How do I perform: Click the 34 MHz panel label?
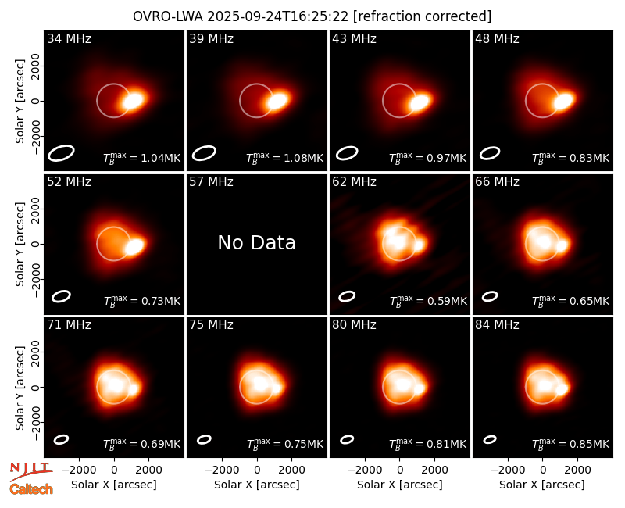click(69, 38)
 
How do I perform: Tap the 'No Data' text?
click(257, 242)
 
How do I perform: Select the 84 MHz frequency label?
click(497, 325)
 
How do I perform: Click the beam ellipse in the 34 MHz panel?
click(62, 153)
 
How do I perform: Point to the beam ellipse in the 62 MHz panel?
click(347, 296)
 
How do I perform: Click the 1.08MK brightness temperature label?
click(285, 158)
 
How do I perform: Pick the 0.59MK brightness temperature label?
click(428, 301)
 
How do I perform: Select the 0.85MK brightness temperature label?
click(571, 444)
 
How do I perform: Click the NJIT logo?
click(30, 471)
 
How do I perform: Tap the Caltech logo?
click(31, 489)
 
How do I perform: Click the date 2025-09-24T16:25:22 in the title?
click(278, 16)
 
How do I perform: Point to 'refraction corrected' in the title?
click(423, 16)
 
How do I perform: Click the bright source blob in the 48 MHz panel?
click(564, 101)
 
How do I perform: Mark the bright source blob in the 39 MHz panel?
click(277, 100)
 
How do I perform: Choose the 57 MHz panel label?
click(211, 182)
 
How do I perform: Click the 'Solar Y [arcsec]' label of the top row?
click(20, 102)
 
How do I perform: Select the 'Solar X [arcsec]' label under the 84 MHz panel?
click(542, 485)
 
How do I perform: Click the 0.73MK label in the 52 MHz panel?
click(142, 301)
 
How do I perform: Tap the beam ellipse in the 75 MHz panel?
click(204, 439)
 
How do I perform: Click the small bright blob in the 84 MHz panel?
click(562, 388)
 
